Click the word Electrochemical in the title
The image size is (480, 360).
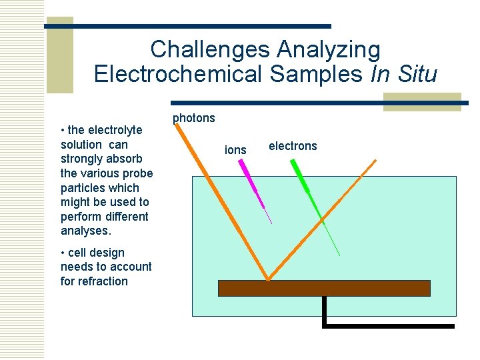(181, 74)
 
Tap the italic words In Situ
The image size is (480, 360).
(403, 74)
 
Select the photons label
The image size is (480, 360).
(194, 118)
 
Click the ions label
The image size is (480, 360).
(235, 150)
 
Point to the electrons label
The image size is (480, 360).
(293, 146)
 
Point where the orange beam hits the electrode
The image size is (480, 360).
(268, 279)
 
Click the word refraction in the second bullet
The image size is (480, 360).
(103, 281)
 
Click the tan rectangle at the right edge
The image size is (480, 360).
(422, 101)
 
